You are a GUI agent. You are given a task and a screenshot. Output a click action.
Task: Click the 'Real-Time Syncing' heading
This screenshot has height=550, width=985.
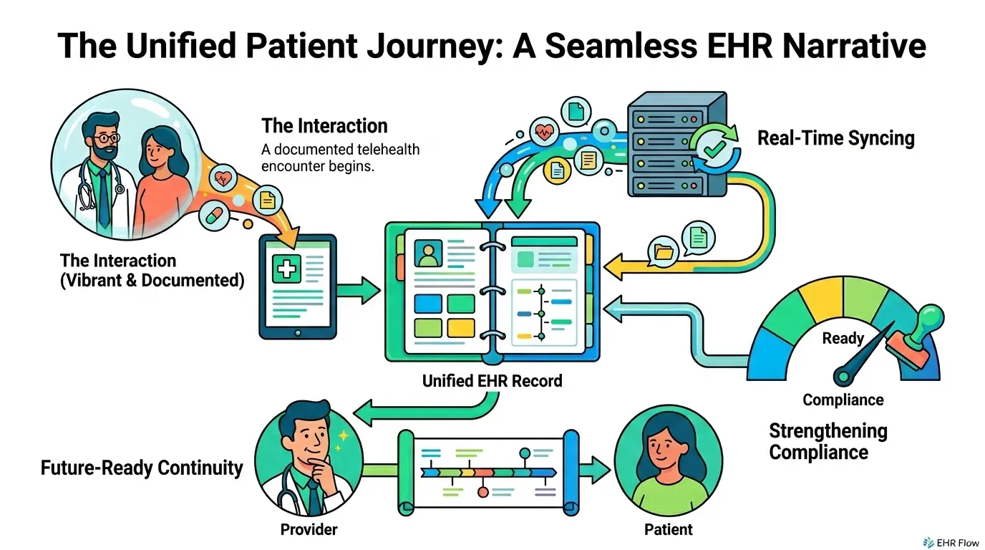point(835,137)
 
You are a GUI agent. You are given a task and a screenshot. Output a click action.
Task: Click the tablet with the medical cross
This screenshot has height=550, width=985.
point(297,286)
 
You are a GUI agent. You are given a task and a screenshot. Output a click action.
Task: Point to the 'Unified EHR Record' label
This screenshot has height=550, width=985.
point(492,380)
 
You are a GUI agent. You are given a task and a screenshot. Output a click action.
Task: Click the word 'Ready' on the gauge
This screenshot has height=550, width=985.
point(843,338)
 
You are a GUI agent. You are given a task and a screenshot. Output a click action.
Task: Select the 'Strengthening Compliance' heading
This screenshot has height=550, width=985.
point(828,441)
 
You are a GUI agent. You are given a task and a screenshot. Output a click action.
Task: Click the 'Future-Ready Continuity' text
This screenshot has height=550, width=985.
point(142,468)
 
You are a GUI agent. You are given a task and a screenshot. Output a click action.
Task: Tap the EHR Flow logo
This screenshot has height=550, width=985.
point(949,541)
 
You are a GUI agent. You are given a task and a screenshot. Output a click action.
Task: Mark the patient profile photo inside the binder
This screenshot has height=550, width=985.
point(429,253)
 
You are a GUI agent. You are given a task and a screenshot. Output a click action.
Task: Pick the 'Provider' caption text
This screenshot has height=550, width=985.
point(309,530)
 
